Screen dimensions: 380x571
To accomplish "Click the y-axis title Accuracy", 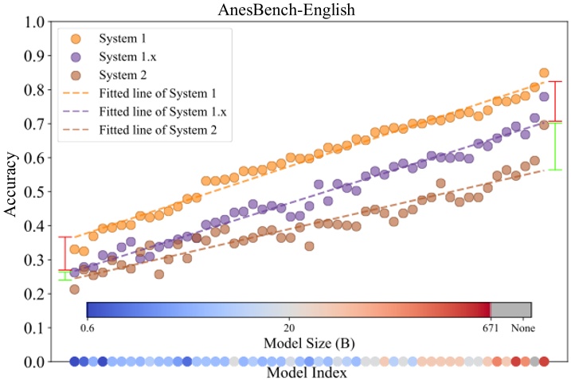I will click(12, 191).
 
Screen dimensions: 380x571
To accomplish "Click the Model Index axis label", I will click(307, 372).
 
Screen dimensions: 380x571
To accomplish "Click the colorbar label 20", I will click(289, 327).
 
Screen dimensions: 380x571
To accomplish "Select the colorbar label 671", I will click(490, 327).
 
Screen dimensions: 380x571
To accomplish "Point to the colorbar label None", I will click(522, 327).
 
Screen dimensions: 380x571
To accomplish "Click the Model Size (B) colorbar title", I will click(307, 343).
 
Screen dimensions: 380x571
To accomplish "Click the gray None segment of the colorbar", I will click(510, 310).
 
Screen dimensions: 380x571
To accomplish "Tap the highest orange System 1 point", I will click(544, 72).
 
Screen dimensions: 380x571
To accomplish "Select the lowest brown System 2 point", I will click(74, 289).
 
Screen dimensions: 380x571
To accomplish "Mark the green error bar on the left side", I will click(65, 276).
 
